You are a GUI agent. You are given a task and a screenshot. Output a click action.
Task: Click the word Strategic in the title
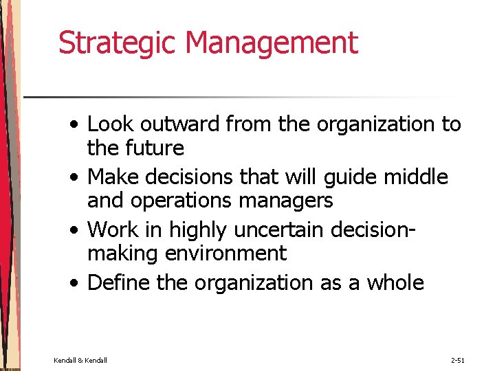click(118, 43)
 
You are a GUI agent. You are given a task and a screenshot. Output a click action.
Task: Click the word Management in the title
click(272, 43)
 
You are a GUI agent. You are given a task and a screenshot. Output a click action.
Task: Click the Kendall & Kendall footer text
click(80, 360)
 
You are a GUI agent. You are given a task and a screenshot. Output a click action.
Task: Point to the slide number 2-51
click(457, 360)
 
